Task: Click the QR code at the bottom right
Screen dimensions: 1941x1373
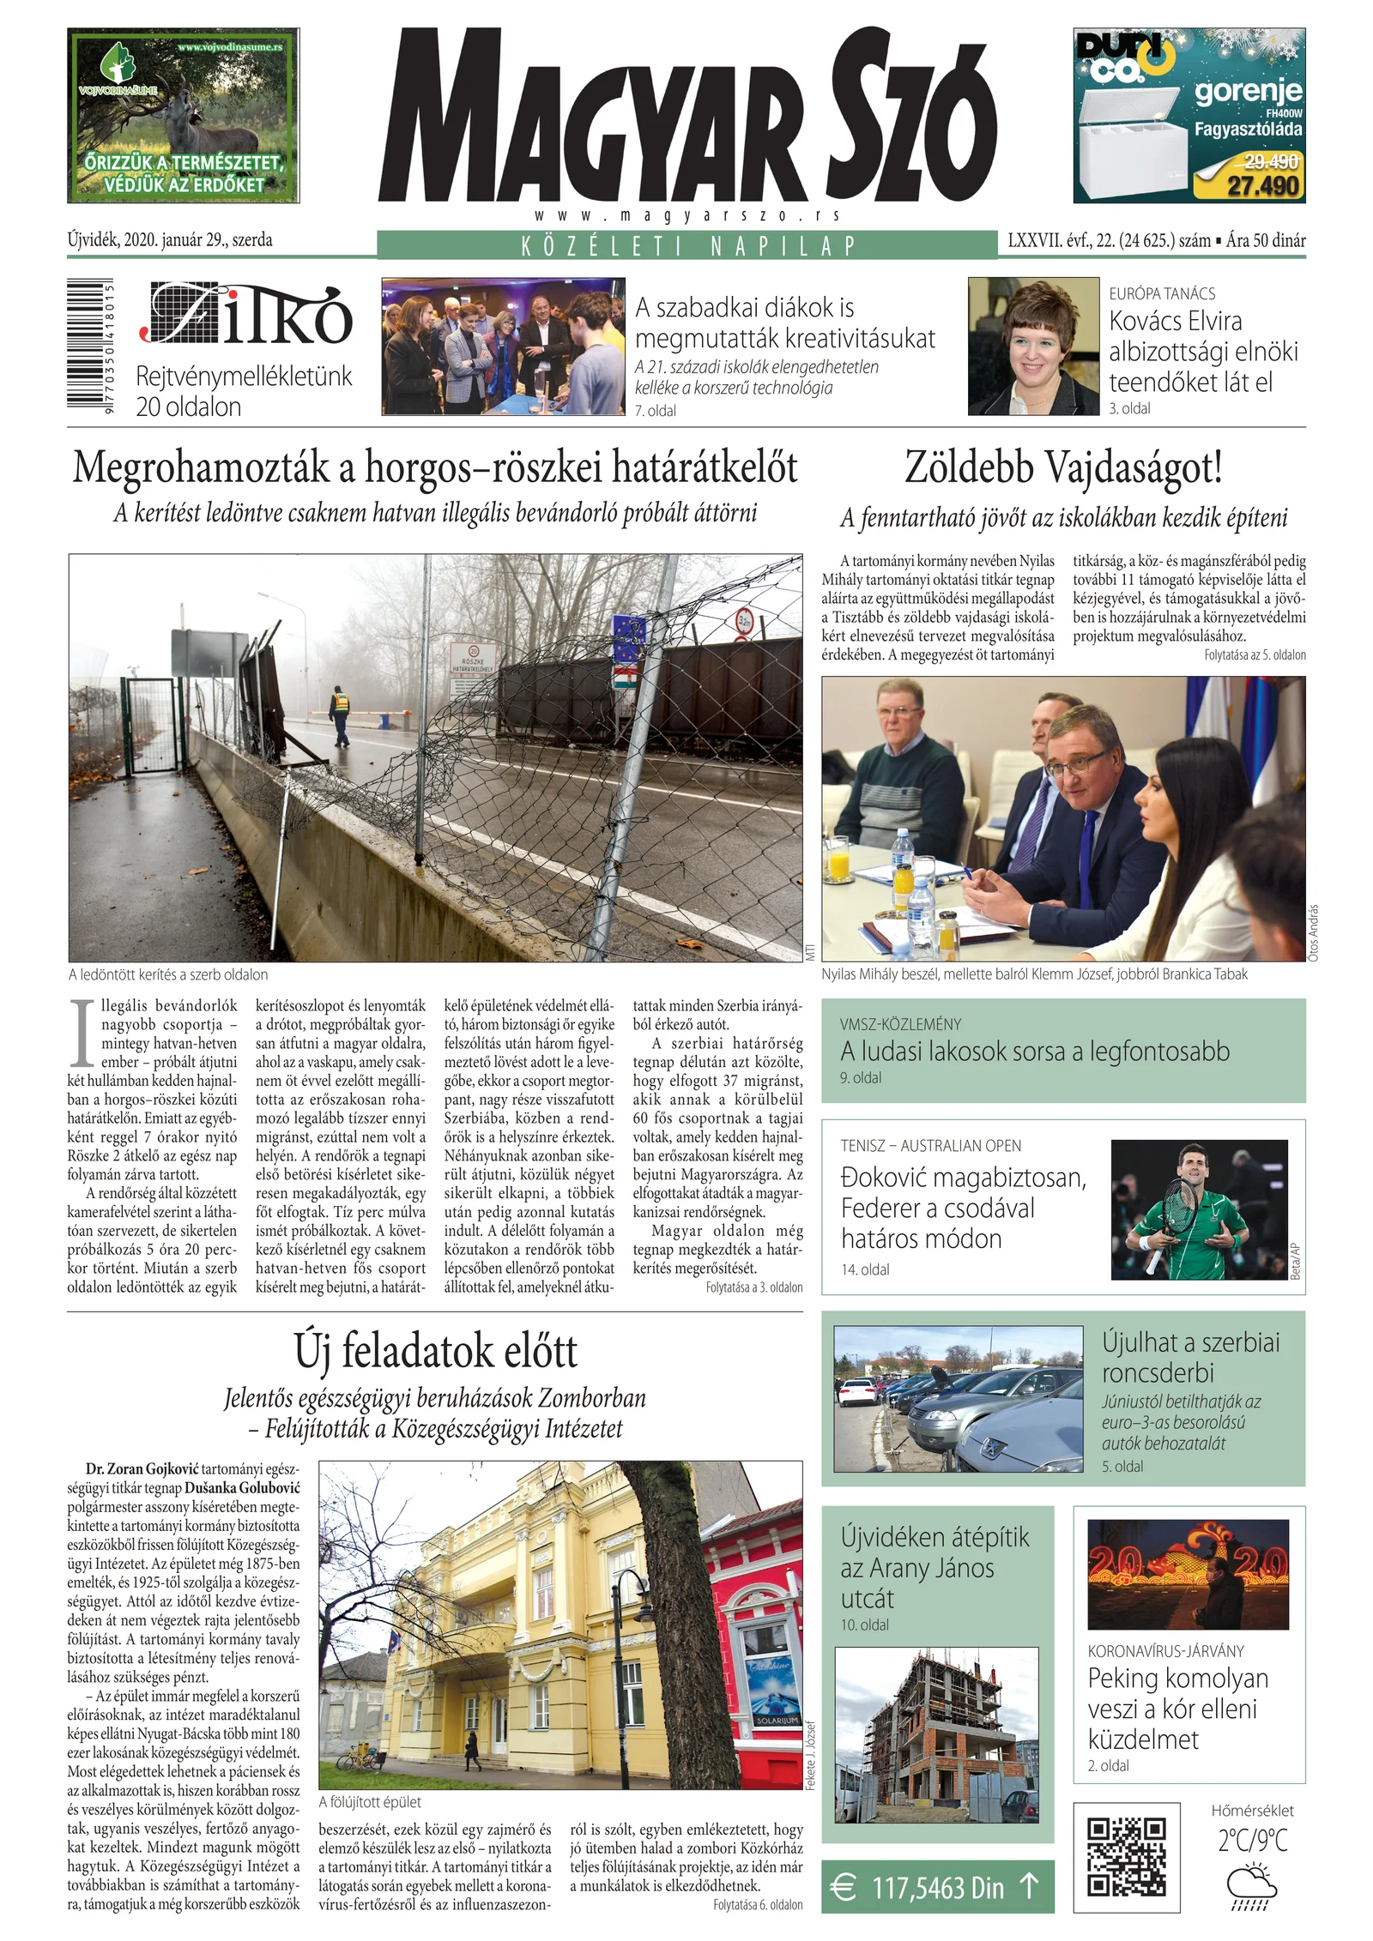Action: point(1126,1857)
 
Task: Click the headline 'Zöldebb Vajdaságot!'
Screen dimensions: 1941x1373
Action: point(1063,467)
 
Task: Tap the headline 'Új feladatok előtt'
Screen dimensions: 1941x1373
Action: point(435,1351)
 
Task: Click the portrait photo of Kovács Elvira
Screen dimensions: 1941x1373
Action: point(1033,347)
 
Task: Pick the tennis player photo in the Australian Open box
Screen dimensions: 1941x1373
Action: point(1199,1209)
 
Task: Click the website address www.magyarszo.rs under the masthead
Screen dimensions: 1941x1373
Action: point(687,216)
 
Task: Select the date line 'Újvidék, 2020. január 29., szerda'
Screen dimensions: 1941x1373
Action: point(170,240)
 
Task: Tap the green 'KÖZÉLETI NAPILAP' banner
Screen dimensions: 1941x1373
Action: point(687,246)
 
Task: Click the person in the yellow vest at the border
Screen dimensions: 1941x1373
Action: point(341,714)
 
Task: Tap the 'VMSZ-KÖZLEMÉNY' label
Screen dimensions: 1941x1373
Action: point(900,1024)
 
